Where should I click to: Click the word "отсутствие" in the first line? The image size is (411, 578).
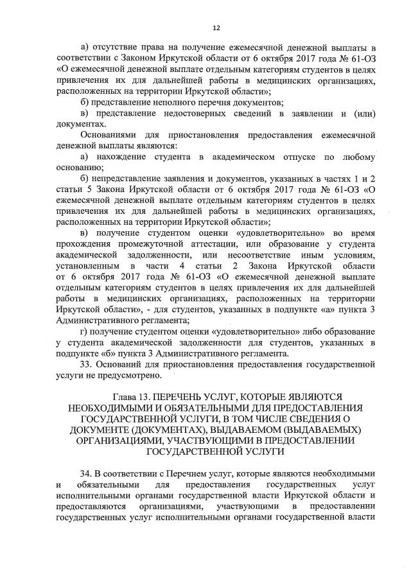114,48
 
